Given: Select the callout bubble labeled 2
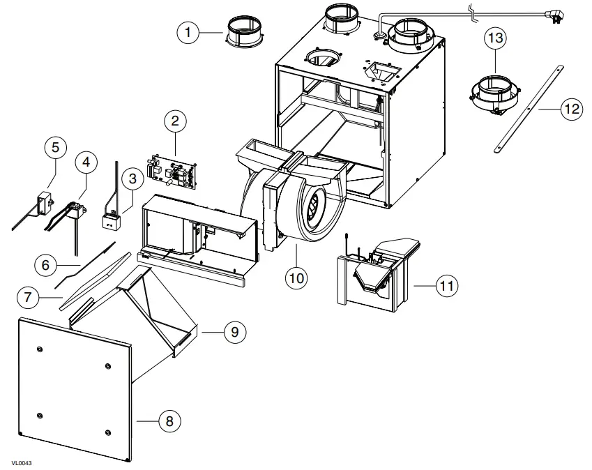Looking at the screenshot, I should point(175,121).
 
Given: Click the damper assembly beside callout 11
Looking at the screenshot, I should point(377,272).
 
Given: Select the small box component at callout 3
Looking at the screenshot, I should point(109,221).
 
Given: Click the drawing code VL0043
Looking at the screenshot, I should point(22,462).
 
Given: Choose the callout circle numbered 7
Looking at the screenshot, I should point(28,297).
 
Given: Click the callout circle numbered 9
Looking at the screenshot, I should point(234,332).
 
